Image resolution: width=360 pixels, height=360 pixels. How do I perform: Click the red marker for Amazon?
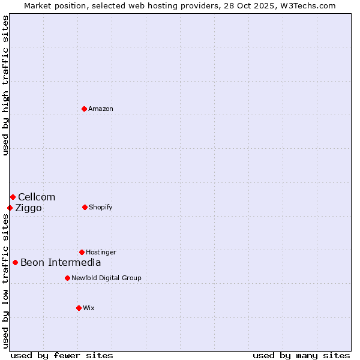coord(85,109)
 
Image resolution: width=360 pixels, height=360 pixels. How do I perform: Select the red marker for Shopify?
coord(85,207)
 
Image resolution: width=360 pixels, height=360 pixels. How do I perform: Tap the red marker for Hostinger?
coord(82,252)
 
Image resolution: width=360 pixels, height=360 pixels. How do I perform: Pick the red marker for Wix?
coord(79,308)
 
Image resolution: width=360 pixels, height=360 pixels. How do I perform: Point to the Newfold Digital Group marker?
coord(67,278)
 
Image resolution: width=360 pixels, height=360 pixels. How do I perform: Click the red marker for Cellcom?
coord(13,197)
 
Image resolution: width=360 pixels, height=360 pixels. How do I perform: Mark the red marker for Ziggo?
coord(10,208)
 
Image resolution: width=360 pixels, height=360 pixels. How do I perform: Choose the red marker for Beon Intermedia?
coord(15,262)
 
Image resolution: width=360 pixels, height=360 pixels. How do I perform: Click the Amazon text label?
coord(101,109)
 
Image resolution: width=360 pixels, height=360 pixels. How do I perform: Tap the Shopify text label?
coord(101,207)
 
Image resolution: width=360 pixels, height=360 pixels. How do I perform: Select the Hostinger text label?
coord(101,252)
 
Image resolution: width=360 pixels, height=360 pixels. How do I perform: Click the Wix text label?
coord(89,308)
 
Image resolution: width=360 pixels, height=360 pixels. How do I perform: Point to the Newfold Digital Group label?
coord(106,278)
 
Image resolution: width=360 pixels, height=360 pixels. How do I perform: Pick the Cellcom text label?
coord(37,197)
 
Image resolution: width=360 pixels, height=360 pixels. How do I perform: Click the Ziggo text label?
coord(28,208)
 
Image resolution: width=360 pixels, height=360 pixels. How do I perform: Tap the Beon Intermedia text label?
coord(61,262)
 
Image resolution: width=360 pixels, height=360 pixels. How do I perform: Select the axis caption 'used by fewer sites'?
coord(62,355)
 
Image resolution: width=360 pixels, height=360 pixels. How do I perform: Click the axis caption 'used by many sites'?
coord(301,355)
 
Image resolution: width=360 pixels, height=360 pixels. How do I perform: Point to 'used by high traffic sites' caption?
coord(5,85)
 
